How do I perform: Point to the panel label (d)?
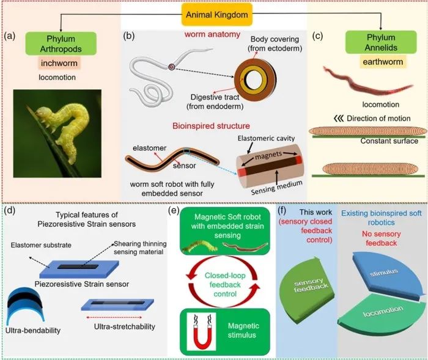(10, 212)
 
